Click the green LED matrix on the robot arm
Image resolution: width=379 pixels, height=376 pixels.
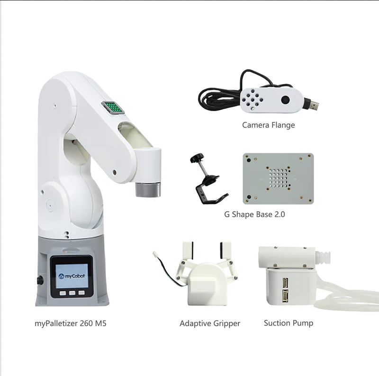click(113, 107)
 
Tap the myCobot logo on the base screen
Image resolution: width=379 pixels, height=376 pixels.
click(72, 276)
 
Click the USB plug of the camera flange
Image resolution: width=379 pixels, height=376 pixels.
click(312, 104)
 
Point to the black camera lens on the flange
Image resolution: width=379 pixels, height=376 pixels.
click(286, 100)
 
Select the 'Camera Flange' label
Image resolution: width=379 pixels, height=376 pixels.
click(269, 125)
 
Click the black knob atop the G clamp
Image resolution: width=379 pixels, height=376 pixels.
click(197, 158)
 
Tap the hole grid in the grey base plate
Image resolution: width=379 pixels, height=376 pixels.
click(279, 179)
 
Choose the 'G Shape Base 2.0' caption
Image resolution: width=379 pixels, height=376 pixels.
click(254, 215)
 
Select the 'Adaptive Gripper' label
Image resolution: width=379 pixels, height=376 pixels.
click(210, 323)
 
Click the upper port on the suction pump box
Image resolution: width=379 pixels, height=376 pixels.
click(285, 282)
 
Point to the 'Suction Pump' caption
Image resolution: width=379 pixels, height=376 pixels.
click(289, 323)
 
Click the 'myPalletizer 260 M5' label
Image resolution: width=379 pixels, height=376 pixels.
click(71, 323)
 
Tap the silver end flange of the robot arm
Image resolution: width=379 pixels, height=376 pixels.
click(148, 190)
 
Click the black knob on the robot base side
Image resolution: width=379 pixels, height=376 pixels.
click(40, 281)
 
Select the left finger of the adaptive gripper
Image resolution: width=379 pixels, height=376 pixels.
click(188, 250)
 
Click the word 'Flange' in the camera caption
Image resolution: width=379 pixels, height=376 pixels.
click(283, 125)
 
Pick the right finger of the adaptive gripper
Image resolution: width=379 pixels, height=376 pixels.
click(226, 250)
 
